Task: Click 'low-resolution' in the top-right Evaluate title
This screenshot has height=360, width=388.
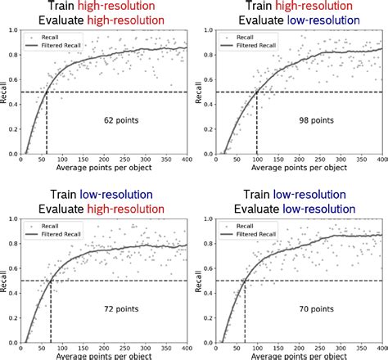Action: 320,22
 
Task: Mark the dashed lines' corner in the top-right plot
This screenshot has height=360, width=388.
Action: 256,92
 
